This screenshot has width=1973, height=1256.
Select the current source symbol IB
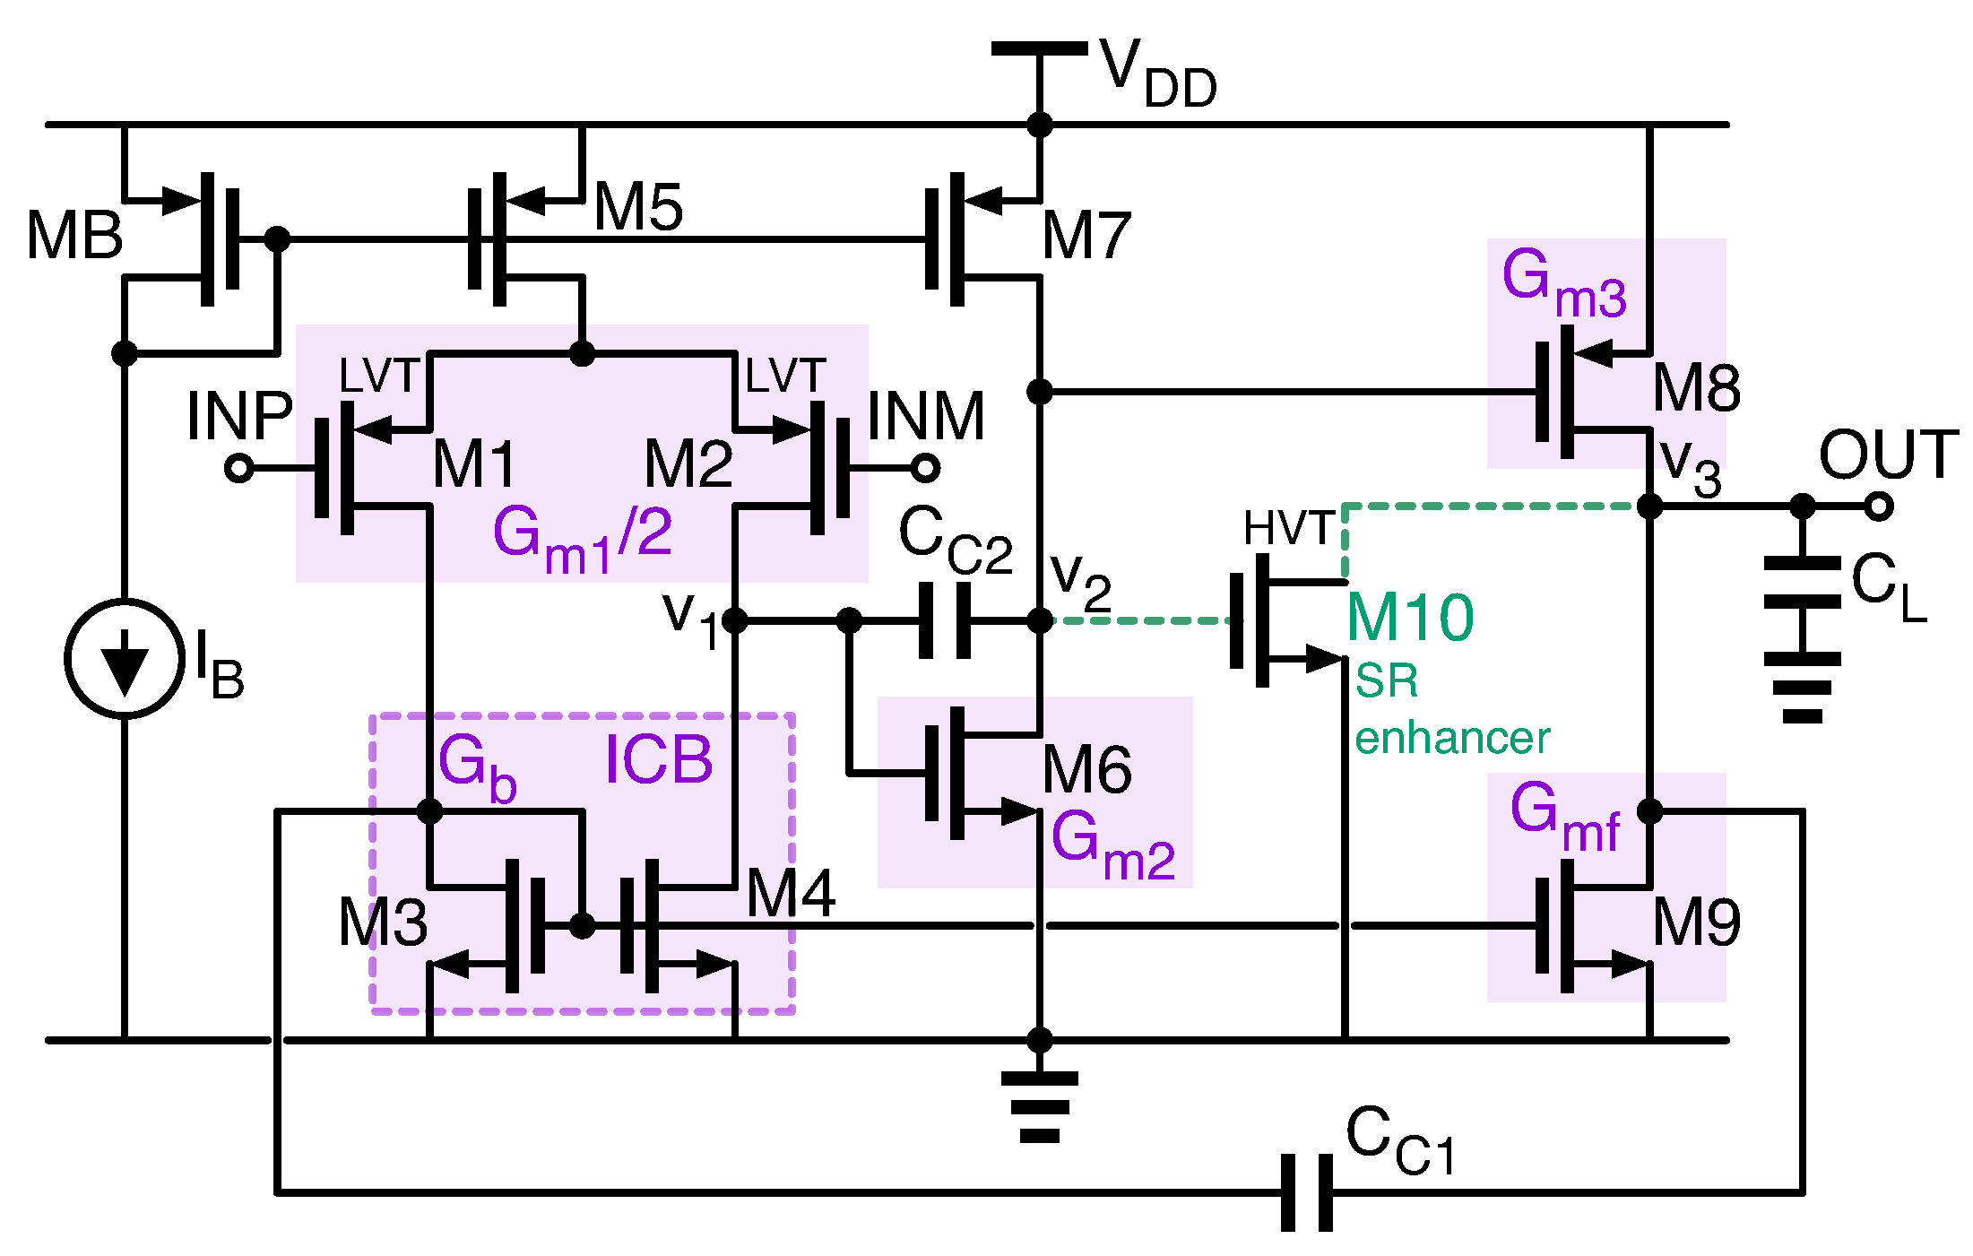[125, 659]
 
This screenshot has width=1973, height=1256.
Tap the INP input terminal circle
[238, 468]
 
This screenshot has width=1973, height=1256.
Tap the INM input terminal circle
[925, 468]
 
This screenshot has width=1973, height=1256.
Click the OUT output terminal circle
[1879, 507]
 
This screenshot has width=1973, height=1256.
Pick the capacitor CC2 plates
[945, 620]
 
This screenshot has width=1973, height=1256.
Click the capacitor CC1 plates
[1307, 1192]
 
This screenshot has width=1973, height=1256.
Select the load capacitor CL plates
[1802, 583]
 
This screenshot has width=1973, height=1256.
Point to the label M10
[1410, 619]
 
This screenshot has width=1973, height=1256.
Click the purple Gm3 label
[1563, 283]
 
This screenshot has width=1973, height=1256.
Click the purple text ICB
[659, 760]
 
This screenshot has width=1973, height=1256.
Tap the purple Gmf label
[1564, 816]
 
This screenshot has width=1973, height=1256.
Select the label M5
[638, 207]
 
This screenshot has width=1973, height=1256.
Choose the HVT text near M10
[1289, 528]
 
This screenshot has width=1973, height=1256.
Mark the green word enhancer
[1451, 739]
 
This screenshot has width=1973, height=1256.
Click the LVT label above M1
[379, 376]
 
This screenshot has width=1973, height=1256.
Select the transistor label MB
[74, 237]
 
